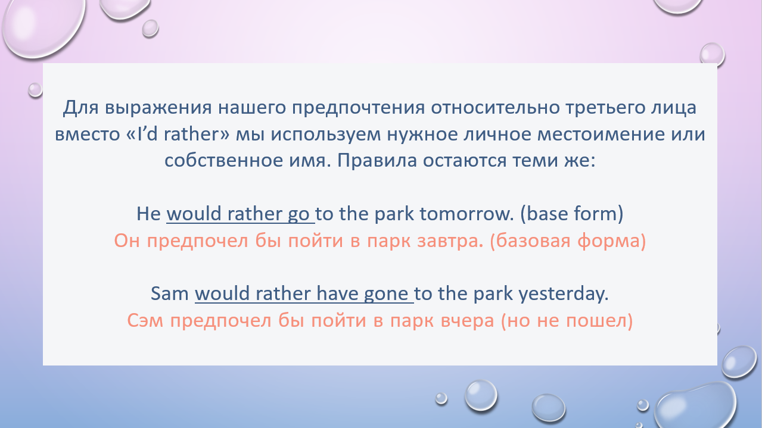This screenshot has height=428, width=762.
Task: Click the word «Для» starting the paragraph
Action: click(80, 108)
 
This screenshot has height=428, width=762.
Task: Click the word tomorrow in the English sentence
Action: click(466, 214)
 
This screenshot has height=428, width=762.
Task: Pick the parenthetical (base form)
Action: click(572, 214)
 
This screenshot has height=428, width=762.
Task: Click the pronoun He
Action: click(149, 214)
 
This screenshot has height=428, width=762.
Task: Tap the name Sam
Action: click(169, 293)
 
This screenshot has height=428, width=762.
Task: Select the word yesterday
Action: click(564, 294)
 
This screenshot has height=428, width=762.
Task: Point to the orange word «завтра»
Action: click(450, 241)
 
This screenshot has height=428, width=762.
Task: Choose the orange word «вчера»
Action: click(467, 321)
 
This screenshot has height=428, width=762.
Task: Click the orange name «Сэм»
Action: click(145, 321)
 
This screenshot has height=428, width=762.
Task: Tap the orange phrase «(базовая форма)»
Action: click(568, 241)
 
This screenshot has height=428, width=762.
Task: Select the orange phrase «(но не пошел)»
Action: click(567, 321)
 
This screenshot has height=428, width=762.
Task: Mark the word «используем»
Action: click(325, 135)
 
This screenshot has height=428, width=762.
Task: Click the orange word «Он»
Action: click(127, 241)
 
